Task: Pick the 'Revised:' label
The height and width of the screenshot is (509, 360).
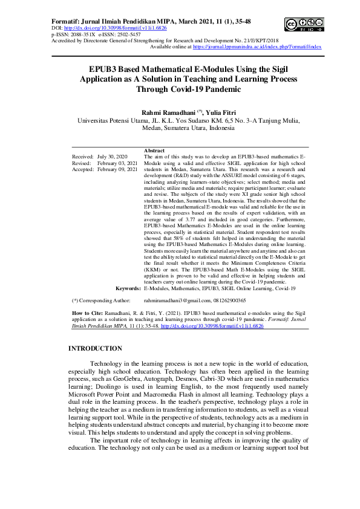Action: (x=82, y=163)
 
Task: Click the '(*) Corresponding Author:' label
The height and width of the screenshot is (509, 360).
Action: (x=101, y=300)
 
